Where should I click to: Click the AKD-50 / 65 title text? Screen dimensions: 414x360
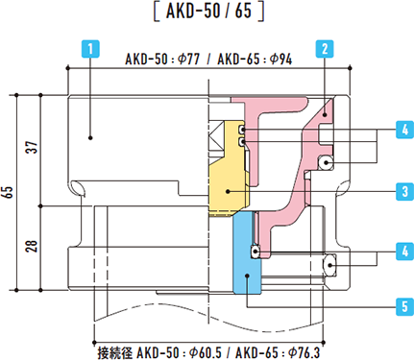click(208, 11)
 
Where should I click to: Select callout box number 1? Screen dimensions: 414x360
click(90, 49)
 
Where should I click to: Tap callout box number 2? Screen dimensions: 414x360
click(325, 49)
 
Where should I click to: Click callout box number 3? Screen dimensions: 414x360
click(404, 191)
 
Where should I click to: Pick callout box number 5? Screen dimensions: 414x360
click(404, 306)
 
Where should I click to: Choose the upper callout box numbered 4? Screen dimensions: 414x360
click(404, 130)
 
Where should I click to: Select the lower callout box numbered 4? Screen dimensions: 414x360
click(404, 252)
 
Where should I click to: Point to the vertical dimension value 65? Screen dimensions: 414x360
click(8, 192)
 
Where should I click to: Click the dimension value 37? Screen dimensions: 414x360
click(33, 147)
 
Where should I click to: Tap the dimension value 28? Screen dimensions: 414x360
click(33, 246)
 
